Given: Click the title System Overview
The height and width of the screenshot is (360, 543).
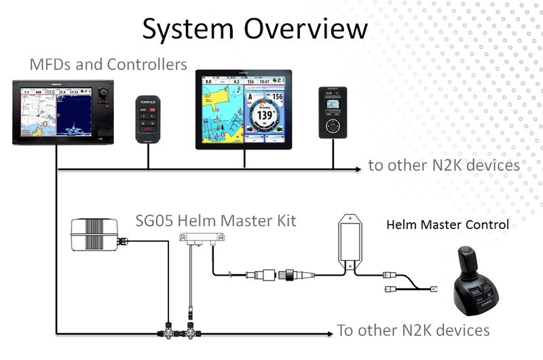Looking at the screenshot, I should tap(255, 29).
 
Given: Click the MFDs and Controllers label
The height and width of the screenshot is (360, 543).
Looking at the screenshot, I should tap(109, 65).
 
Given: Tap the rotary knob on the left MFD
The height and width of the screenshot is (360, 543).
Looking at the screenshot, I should tap(104, 92).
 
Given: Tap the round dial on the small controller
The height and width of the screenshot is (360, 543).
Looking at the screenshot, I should tap(332, 127).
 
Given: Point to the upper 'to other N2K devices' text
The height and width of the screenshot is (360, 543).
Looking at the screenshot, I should tap(444, 165).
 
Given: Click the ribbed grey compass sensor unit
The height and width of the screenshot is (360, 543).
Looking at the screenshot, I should tap(95, 235).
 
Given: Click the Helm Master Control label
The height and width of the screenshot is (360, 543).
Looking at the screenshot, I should tap(447, 225).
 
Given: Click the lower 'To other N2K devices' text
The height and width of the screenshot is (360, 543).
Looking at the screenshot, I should tap(413, 331).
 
